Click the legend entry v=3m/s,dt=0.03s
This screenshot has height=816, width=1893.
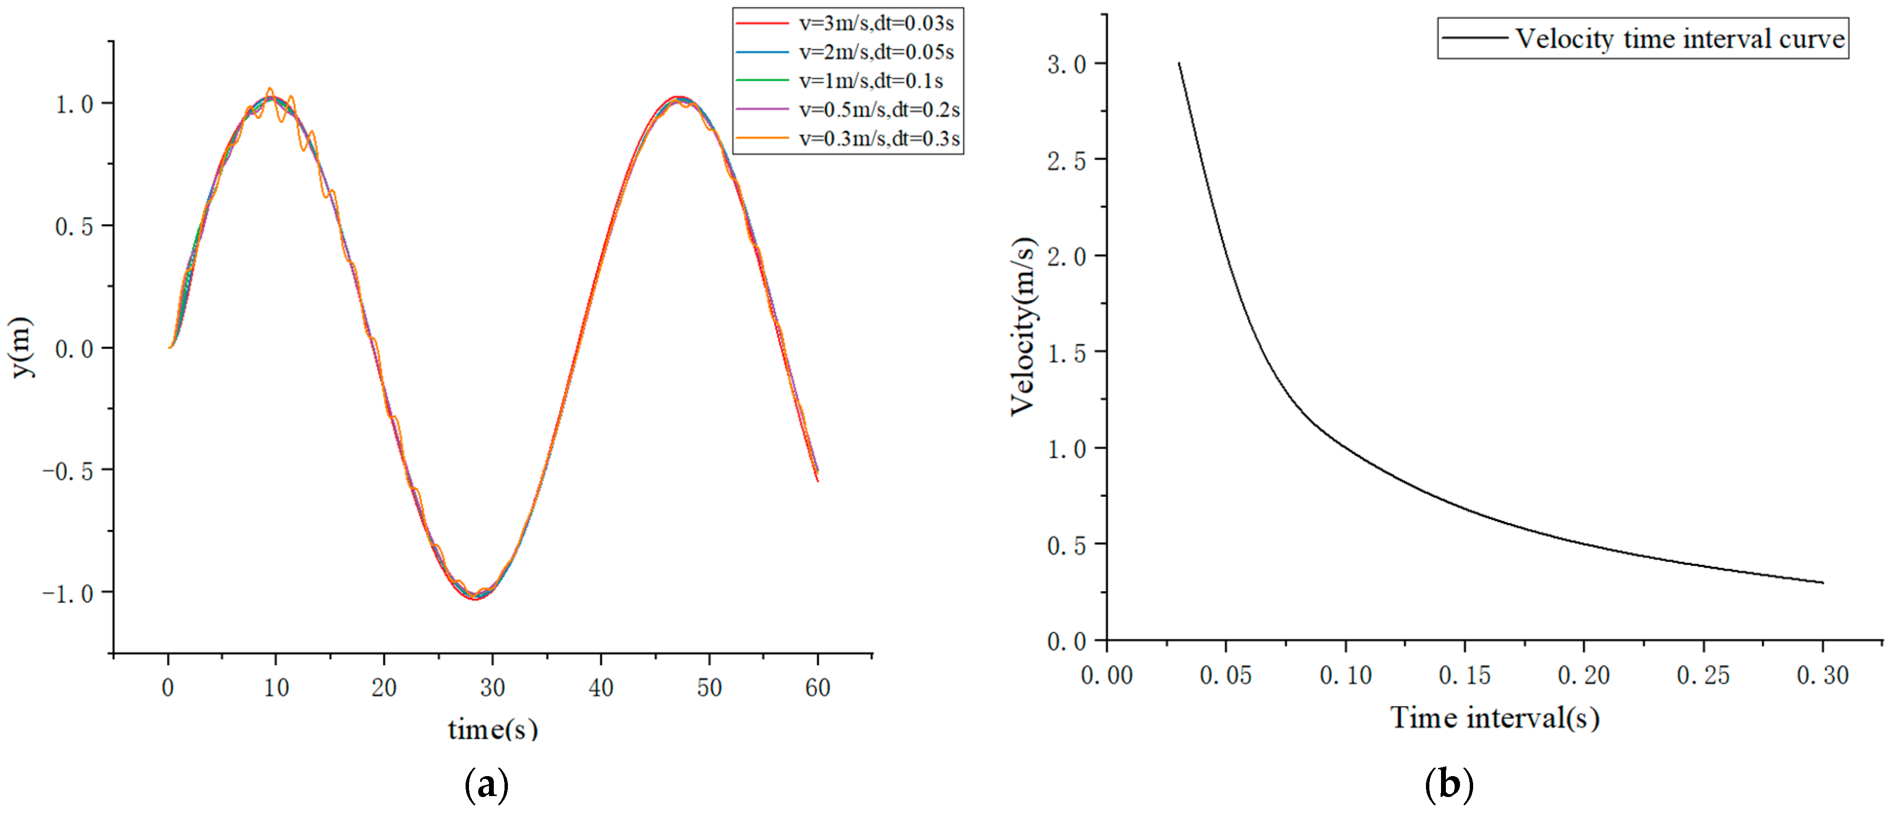(876, 23)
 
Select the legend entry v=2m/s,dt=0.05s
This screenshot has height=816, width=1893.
(876, 52)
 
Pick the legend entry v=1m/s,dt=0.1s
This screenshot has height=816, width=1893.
(871, 81)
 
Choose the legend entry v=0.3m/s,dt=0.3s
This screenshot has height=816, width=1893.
(879, 139)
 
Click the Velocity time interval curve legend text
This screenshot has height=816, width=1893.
(1680, 38)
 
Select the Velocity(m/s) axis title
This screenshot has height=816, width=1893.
(1023, 326)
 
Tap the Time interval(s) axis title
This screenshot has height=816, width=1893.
(1495, 718)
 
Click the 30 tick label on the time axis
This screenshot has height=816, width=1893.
(492, 688)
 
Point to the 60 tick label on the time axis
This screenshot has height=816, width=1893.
(818, 688)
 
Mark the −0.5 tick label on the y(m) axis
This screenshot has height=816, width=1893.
(68, 471)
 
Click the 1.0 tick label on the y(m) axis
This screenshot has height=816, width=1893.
(74, 105)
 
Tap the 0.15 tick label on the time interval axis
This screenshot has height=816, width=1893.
(1464, 675)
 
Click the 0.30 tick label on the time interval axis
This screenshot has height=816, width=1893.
(1822, 675)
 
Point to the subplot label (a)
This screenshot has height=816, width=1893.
(487, 785)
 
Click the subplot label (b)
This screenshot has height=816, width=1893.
(1448, 785)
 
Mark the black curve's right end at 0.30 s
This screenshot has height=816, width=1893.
(1822, 583)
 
